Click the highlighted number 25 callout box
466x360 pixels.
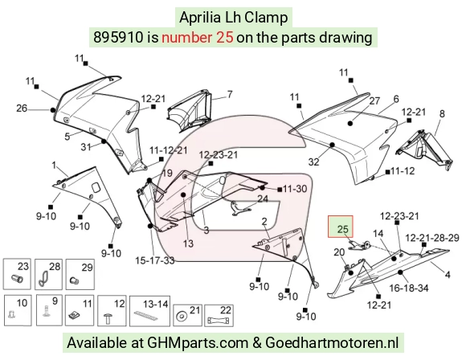[x=341, y=227]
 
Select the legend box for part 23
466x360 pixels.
[x=17, y=274]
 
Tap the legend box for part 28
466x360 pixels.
[x=48, y=274]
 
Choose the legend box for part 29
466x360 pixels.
[x=80, y=274]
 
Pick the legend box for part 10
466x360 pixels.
[x=18, y=310]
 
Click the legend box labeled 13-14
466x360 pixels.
[x=149, y=311]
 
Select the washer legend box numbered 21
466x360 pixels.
[x=187, y=315]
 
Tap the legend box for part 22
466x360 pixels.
[x=219, y=315]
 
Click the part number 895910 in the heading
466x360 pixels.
[x=118, y=38]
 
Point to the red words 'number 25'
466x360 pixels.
[x=198, y=38]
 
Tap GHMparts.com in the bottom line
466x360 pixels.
[x=198, y=343]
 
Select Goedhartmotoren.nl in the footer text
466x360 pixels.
[x=332, y=342]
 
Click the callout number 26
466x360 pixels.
[x=22, y=108]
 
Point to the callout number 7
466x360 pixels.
[x=230, y=94]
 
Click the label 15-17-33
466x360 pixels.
[x=155, y=260]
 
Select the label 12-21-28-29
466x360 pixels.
[x=432, y=238]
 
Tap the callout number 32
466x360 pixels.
[x=314, y=162]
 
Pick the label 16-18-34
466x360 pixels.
[x=409, y=288]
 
